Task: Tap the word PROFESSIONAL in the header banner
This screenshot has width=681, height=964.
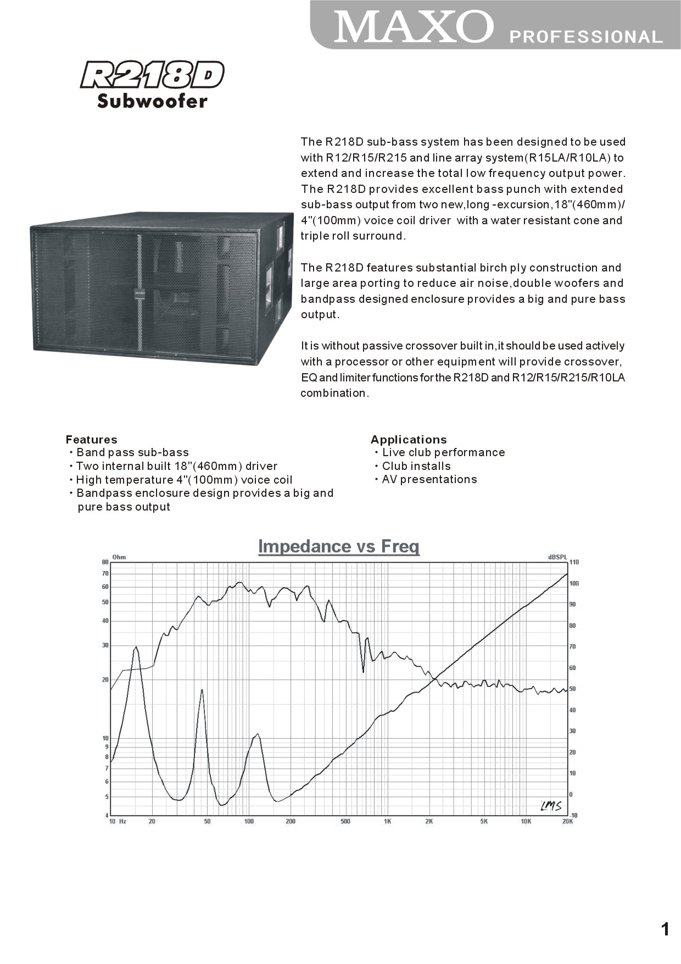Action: point(586,37)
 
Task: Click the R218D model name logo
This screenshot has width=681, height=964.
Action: point(152,75)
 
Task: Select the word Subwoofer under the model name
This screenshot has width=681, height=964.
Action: point(152,101)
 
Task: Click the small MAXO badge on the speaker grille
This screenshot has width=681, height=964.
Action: point(140,293)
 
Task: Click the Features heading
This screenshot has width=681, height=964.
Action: point(91,440)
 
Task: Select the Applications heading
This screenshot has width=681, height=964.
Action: point(409,440)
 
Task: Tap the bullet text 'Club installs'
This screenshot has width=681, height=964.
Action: point(416,466)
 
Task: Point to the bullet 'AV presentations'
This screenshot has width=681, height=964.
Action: point(429,479)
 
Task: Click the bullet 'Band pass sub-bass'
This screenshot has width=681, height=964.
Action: point(132,452)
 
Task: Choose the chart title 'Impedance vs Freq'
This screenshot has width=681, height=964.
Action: point(339,546)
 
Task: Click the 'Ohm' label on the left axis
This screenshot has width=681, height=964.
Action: point(119,557)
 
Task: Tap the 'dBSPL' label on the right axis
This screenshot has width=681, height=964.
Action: point(557,557)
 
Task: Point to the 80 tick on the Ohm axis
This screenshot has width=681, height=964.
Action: point(105,562)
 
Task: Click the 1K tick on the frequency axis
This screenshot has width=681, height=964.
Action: point(387,822)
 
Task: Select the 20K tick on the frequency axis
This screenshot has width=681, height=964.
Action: point(567,822)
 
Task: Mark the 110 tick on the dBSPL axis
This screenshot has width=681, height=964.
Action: point(574,562)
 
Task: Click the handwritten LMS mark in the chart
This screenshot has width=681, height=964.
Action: point(551,806)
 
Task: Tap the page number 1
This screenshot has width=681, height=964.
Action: point(666,929)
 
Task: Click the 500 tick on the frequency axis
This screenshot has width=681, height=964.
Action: point(345,822)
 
